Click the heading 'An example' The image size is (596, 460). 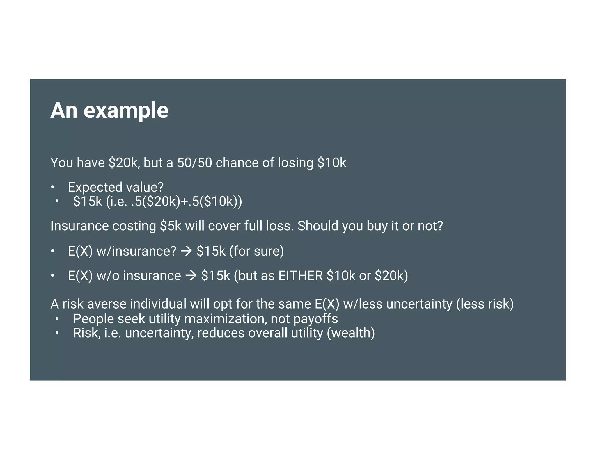109,110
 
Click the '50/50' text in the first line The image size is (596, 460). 194,163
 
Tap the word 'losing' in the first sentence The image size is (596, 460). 295,163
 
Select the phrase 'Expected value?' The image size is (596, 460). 116,187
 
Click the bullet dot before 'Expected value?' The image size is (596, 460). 52,187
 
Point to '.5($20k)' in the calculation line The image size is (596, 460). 156,201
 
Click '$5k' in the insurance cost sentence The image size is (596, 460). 171,226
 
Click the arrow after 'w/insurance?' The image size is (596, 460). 186,251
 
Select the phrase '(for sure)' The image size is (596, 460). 256,251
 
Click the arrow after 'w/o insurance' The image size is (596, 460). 191,276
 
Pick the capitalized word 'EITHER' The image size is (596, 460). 301,276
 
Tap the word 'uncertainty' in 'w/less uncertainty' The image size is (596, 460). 419,304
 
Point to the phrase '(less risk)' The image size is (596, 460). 485,304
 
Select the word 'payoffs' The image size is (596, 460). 315,319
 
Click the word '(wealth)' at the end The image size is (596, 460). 351,333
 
